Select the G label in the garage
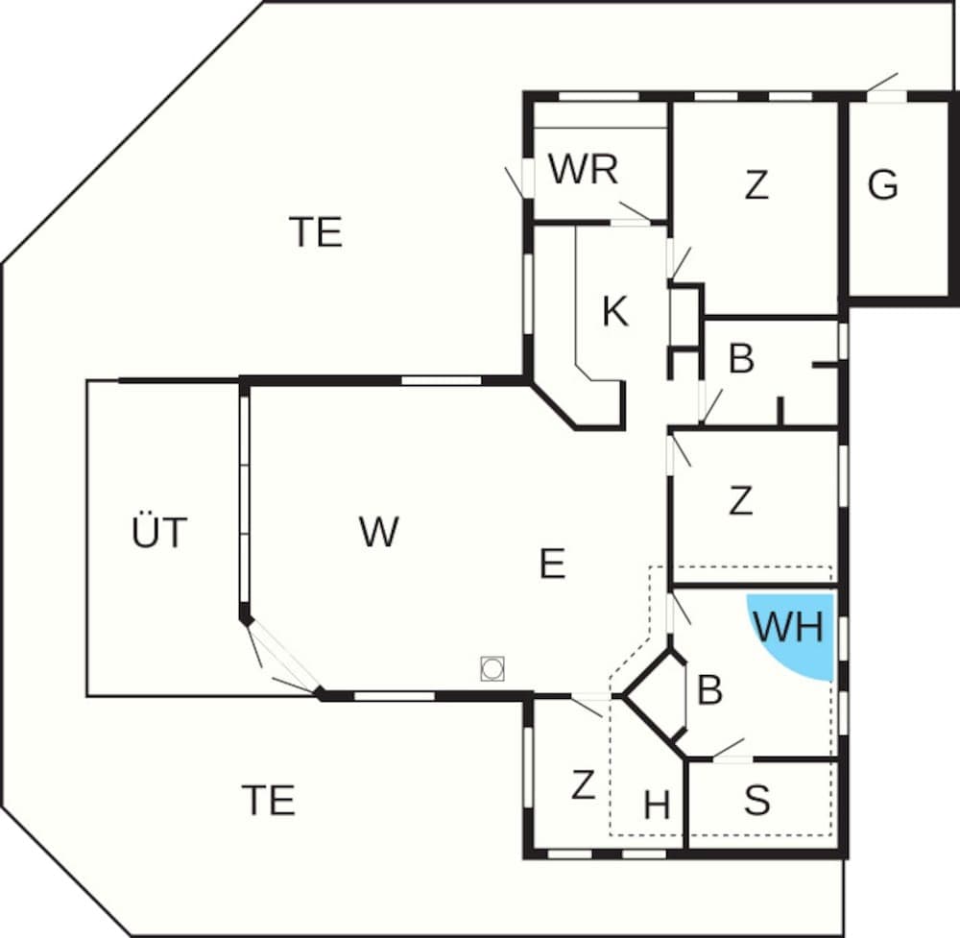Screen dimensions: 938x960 [x=882, y=184]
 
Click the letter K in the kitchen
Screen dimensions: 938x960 [x=614, y=311]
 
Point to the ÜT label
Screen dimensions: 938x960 [x=158, y=533]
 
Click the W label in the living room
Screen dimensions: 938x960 [x=378, y=531]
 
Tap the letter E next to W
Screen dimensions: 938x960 [x=552, y=564]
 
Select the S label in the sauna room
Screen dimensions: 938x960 [x=757, y=801]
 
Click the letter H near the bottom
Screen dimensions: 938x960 [x=657, y=806]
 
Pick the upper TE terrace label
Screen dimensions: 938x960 [x=316, y=232]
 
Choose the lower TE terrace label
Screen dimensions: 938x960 [x=268, y=800]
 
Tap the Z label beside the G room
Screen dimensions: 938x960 [x=756, y=185]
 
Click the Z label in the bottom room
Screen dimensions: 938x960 [x=583, y=785]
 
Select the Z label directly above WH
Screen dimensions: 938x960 [x=740, y=501]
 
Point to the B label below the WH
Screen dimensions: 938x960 [x=709, y=690]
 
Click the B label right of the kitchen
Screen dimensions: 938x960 [x=741, y=359]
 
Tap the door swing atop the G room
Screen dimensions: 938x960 [x=883, y=84]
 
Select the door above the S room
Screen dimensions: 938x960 [x=730, y=749]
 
